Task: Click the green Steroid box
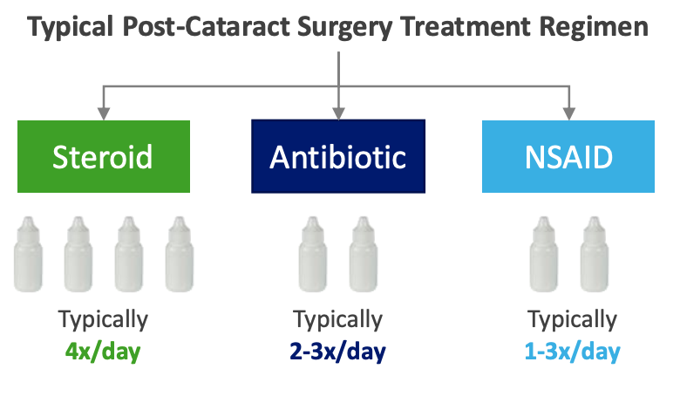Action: tap(103, 156)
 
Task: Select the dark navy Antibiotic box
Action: tap(338, 156)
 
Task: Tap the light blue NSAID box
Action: tap(568, 156)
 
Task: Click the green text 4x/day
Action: tap(103, 352)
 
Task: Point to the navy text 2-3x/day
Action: tap(337, 352)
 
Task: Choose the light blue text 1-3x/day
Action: tap(573, 352)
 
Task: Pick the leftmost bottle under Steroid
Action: tap(28, 254)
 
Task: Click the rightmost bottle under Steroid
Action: tap(180, 254)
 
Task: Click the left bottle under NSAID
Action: tap(545, 254)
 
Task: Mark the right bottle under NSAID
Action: tap(595, 254)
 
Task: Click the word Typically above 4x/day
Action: tap(103, 320)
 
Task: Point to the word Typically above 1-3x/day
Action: tap(573, 320)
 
